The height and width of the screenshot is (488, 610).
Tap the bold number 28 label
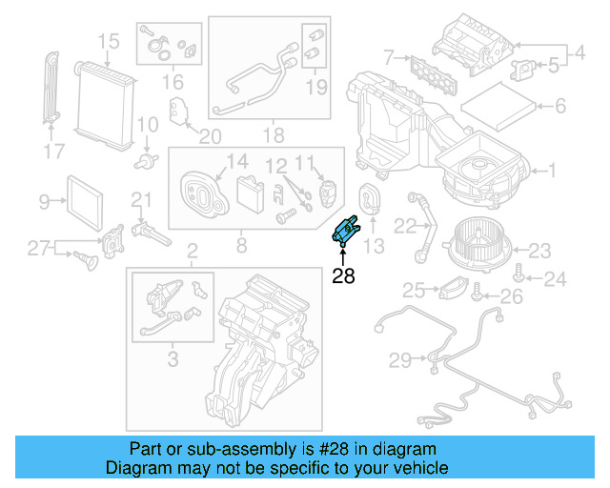[343, 276]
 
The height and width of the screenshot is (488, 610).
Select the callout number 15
[108, 41]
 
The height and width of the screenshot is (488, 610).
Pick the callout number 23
[540, 252]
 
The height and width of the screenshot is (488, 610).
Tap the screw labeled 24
[517, 276]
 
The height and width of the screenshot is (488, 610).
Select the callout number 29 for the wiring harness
[401, 359]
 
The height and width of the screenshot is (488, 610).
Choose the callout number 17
[55, 150]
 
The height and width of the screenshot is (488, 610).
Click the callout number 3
[172, 359]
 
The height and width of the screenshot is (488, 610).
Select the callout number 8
[241, 246]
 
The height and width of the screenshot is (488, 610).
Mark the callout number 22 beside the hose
[406, 226]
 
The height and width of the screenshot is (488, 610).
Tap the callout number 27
[37, 249]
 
